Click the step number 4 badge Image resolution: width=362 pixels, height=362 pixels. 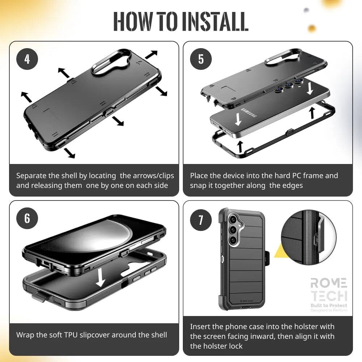[27, 59]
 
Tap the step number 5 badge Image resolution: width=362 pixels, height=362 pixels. [201, 59]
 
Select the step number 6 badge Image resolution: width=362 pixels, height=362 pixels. [27, 218]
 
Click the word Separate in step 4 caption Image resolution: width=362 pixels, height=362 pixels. [31, 176]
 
